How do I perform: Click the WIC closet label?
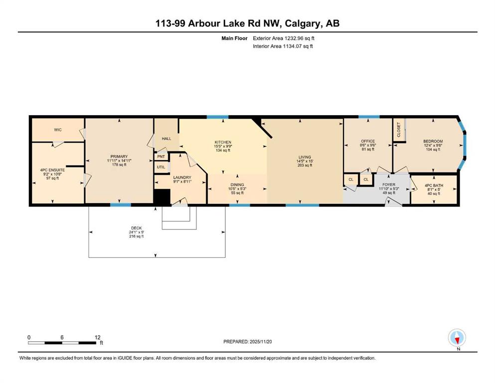58,130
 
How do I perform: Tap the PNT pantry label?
161,157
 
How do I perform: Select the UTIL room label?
161,167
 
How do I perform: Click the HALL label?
166,139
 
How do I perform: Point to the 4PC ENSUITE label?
52,170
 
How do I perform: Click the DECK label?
137,228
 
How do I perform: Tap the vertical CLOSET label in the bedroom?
399,130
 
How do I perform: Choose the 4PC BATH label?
434,186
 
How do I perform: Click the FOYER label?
389,185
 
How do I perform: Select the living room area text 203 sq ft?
305,165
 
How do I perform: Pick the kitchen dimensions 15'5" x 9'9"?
223,146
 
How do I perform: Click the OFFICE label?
368,141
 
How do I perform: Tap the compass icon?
457,338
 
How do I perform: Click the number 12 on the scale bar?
98,337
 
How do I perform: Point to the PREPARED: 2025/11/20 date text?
247,342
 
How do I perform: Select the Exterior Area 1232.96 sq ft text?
284,38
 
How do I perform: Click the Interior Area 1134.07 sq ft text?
283,46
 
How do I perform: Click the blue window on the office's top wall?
369,117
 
